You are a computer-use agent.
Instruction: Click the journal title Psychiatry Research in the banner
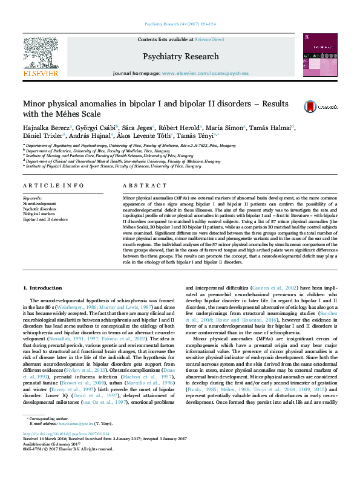[x=180, y=56]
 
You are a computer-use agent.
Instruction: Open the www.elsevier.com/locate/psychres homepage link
[x=205, y=73]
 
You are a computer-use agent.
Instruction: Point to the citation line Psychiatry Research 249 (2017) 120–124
[x=180, y=25]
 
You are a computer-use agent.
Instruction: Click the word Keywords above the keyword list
[x=31, y=198]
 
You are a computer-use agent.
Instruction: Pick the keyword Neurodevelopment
[x=39, y=204]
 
